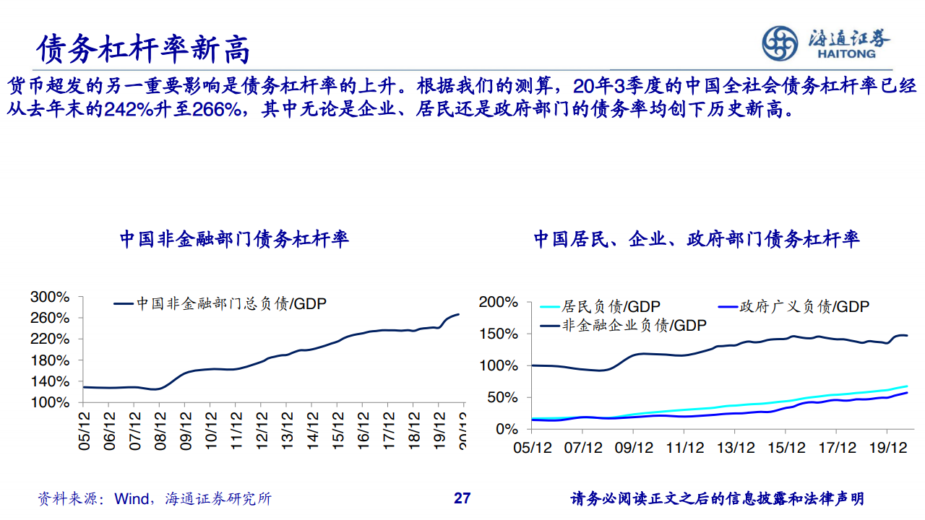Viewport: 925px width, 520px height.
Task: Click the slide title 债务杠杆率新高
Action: (x=144, y=48)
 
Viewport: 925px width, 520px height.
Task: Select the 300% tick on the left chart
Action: (x=50, y=297)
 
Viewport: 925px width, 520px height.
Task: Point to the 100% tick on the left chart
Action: (x=50, y=402)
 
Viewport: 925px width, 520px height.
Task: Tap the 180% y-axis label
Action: (x=50, y=360)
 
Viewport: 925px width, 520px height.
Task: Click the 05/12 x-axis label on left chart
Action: (x=85, y=431)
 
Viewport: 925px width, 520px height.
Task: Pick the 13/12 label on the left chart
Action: (x=288, y=431)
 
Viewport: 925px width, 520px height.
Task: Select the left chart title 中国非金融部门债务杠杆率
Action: (x=234, y=239)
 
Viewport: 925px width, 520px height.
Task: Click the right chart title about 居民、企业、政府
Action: (x=697, y=239)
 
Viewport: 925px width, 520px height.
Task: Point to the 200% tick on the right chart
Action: (x=499, y=302)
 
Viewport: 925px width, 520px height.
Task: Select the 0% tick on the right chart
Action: (x=506, y=429)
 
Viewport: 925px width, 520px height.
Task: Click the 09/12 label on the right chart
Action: (x=633, y=448)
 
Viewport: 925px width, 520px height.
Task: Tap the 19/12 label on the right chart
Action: (x=887, y=448)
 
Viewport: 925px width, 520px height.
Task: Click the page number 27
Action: (x=462, y=498)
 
